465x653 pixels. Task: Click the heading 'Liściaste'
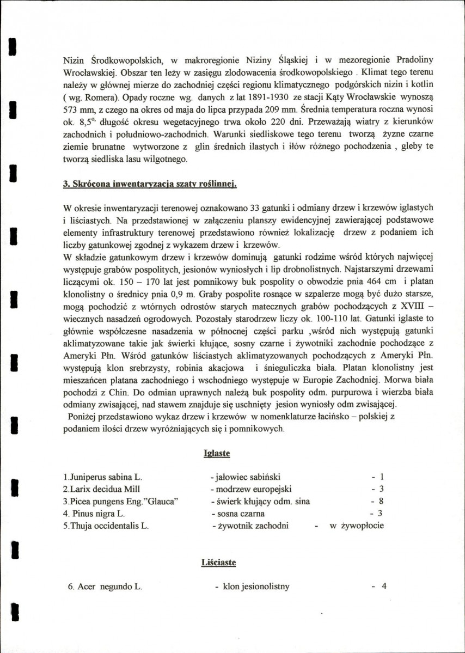pyautogui.click(x=218, y=563)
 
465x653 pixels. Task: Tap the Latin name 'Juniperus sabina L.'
pyautogui.click(x=102, y=477)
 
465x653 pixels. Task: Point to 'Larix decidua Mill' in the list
pyautogui.click(x=102, y=489)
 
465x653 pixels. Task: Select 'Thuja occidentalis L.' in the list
pyautogui.click(x=106, y=526)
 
